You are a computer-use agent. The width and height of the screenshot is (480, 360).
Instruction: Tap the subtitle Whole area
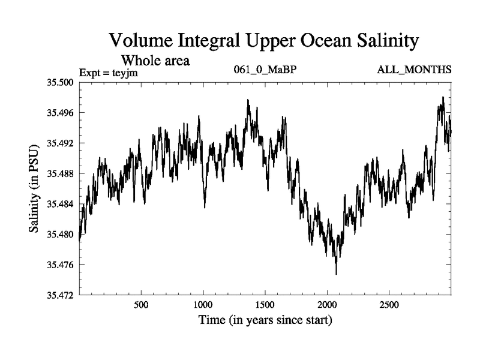[x=156, y=60]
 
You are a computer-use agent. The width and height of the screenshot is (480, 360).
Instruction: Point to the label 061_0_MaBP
[x=265, y=70]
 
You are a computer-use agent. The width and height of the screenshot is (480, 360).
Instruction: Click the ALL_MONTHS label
[x=414, y=70]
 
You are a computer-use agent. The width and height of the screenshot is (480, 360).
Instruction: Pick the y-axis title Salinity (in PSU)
[x=35, y=188]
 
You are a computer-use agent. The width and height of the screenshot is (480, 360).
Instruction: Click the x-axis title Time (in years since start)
[x=265, y=320]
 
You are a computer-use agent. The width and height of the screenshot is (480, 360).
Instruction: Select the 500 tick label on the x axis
[x=141, y=305]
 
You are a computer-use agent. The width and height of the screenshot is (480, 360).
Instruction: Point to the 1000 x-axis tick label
[x=203, y=305]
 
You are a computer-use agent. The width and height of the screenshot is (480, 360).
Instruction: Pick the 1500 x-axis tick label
[x=265, y=305]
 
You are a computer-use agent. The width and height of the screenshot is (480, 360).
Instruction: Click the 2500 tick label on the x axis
[x=389, y=305]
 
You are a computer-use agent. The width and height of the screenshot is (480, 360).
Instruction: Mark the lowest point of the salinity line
[x=336, y=274]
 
